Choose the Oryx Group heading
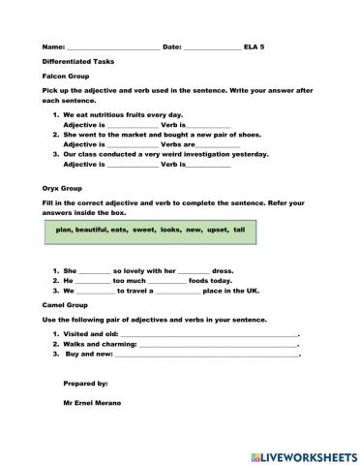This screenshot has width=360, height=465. [62, 190]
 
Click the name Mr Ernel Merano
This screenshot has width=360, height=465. [94, 402]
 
